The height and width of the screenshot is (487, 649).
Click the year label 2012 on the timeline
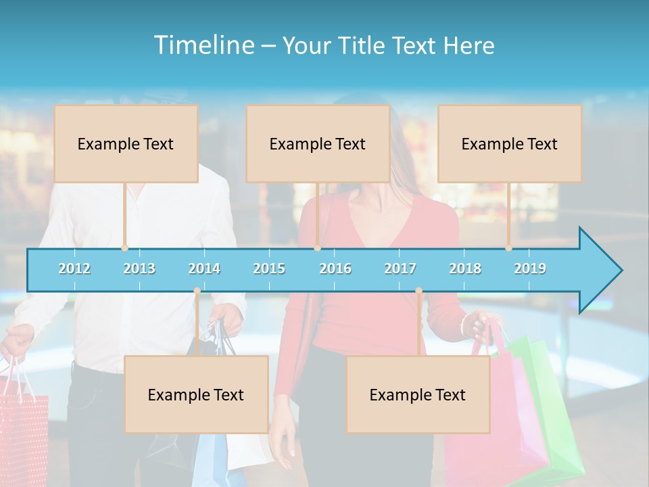(74, 269)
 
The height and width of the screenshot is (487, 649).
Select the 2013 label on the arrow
(139, 269)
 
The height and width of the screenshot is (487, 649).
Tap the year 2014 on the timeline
(204, 269)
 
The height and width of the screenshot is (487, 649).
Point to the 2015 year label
(269, 269)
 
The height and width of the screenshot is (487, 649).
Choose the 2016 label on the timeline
(335, 269)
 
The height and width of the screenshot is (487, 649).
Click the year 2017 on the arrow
(400, 269)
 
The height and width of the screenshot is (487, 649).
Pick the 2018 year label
(465, 269)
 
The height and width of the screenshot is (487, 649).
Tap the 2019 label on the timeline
(530, 269)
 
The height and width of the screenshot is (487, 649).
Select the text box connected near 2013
(126, 143)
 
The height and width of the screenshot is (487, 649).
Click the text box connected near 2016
(318, 143)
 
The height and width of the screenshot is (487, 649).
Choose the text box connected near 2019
(510, 143)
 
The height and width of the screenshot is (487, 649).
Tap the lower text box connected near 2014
(196, 394)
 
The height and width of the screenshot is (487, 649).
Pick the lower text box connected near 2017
(418, 394)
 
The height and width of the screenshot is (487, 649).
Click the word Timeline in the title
(203, 45)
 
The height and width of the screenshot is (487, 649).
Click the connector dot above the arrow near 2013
(124, 248)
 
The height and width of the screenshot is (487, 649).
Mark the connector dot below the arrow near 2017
(418, 291)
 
